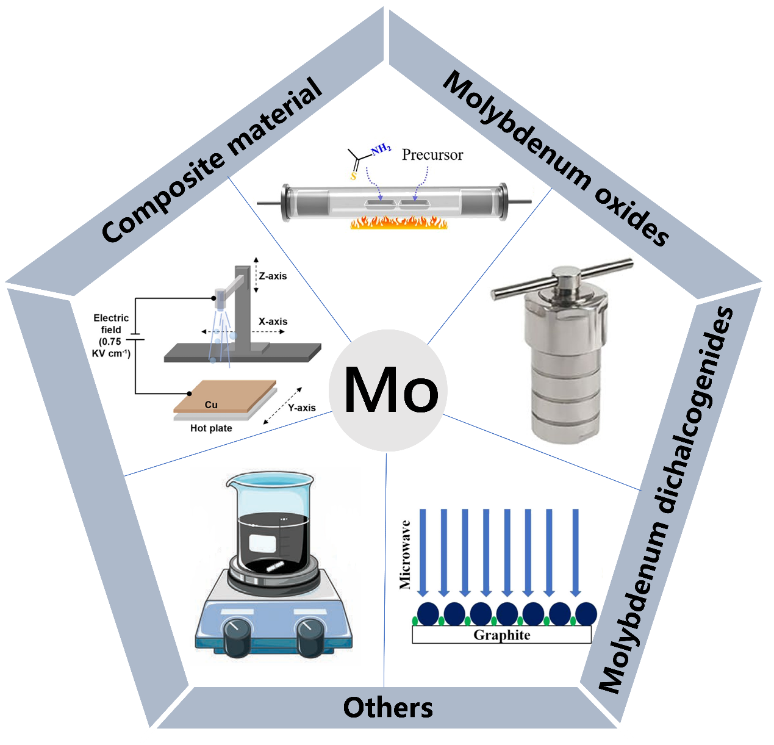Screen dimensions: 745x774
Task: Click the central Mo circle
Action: (388, 390)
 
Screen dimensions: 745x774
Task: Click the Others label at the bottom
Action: (388, 708)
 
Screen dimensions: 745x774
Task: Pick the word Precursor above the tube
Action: (432, 155)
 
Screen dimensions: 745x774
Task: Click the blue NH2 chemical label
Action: (381, 149)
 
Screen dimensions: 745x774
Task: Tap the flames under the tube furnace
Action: (399, 223)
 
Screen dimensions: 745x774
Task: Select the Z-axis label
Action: (273, 276)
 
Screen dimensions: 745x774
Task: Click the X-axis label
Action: (273, 322)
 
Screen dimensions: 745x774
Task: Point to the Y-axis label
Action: (301, 408)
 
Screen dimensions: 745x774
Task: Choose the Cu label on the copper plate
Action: (211, 405)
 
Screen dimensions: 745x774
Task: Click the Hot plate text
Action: (211, 428)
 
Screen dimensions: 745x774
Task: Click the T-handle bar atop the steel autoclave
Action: (562, 279)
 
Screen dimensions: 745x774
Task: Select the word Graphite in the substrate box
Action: (501, 635)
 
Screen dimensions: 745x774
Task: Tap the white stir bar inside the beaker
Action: (275, 567)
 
